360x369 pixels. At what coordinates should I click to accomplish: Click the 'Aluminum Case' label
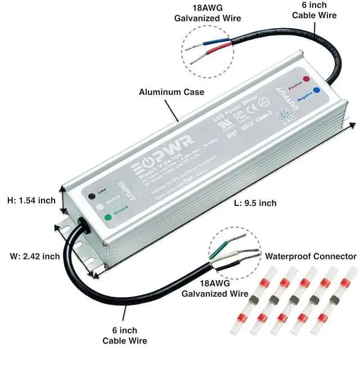point(172,92)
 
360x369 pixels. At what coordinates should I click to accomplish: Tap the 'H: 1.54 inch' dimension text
point(31,200)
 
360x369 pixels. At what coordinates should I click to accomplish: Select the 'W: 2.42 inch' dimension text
point(35,256)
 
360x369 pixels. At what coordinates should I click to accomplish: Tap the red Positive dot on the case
point(305,79)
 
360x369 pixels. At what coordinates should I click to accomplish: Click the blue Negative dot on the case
point(317,89)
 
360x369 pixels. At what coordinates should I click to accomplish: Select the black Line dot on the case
point(91,196)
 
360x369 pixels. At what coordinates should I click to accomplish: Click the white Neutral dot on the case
point(99,206)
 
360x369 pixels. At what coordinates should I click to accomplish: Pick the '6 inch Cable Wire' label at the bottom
point(125,335)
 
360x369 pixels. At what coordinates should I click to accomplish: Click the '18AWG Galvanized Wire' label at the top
point(208,13)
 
